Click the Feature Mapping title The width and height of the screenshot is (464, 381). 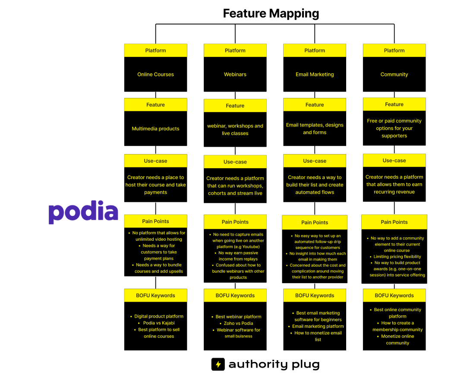click(x=271, y=14)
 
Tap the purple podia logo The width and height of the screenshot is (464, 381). click(x=83, y=212)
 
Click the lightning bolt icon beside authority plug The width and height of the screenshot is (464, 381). click(x=218, y=364)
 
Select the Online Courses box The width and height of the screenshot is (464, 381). click(x=155, y=74)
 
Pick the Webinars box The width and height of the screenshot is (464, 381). click(x=235, y=74)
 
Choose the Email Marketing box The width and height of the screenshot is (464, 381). click(x=315, y=74)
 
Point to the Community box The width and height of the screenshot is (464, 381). click(x=394, y=74)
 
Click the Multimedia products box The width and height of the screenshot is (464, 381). click(x=155, y=129)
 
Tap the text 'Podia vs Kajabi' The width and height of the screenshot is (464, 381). click(x=159, y=323)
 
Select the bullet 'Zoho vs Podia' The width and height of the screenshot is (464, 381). click(x=239, y=323)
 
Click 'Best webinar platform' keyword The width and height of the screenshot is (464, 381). click(x=239, y=317)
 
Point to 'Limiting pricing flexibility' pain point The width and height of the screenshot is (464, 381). click(x=397, y=256)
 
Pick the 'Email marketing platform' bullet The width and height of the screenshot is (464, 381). click(x=318, y=326)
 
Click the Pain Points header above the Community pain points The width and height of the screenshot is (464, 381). click(x=394, y=222)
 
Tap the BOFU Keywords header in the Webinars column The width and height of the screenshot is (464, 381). click(x=235, y=295)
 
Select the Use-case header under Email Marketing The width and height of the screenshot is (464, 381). click(x=315, y=161)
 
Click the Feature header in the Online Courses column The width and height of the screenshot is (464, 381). click(x=155, y=104)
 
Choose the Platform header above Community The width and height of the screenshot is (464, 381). click(x=394, y=50)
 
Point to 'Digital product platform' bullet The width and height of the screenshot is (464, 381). click(x=159, y=316)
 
